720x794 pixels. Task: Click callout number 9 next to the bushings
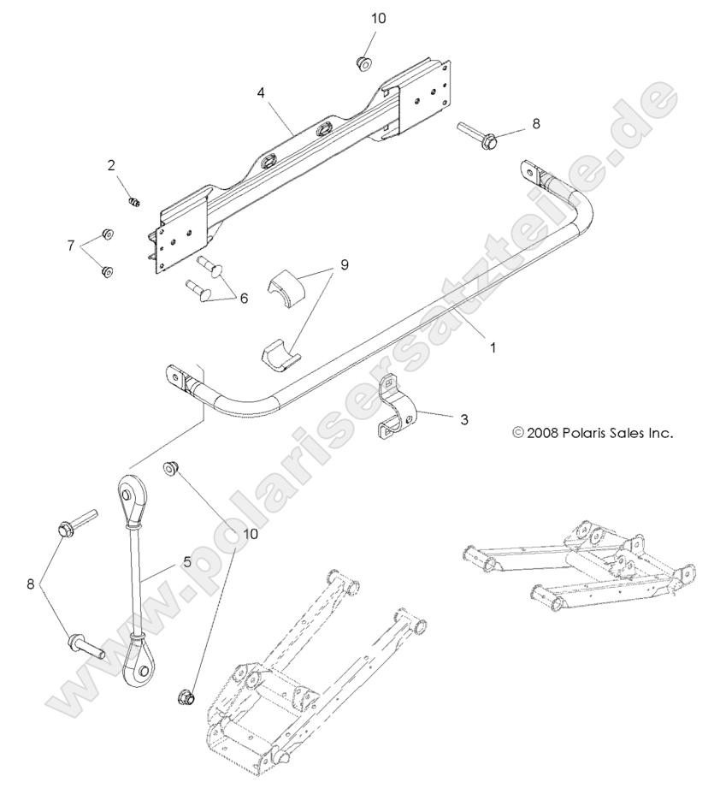(x=344, y=265)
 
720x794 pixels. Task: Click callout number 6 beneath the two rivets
(x=243, y=299)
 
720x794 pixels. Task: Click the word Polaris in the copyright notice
(x=588, y=433)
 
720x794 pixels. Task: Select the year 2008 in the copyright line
(x=543, y=433)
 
